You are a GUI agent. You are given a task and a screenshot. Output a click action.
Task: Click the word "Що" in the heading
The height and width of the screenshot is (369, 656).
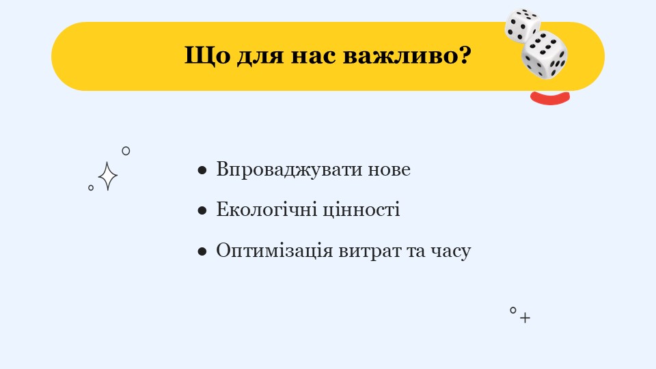coord(207,55)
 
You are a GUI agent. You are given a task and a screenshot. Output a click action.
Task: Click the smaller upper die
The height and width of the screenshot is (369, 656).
coord(521,25)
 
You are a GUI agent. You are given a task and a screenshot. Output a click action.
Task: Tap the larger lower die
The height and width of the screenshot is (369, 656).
coord(545,55)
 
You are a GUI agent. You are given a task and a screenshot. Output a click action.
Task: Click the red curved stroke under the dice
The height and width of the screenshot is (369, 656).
coord(550,98)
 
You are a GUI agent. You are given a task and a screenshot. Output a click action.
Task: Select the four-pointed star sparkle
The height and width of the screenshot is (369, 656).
coord(108,176)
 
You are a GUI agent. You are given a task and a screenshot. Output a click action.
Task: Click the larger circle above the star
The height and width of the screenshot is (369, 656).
coord(126,150)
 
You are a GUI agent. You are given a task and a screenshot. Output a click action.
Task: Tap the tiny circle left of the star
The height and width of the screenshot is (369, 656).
coord(91,188)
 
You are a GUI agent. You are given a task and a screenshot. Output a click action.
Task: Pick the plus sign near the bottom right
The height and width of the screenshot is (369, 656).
coord(525,318)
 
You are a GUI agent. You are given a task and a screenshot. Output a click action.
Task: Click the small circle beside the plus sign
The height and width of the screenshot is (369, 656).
coord(513,310)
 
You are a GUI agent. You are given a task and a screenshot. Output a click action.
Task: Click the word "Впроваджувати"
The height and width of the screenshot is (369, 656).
coord(289,170)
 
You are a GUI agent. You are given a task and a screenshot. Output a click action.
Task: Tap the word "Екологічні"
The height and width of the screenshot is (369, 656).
coord(266,210)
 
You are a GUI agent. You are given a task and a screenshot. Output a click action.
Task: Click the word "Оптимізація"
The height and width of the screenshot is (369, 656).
coord(275,251)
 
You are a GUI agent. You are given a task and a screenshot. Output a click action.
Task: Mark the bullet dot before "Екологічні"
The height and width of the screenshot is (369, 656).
coord(202,210)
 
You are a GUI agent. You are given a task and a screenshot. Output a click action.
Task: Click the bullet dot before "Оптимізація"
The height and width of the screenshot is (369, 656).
coord(202,251)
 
